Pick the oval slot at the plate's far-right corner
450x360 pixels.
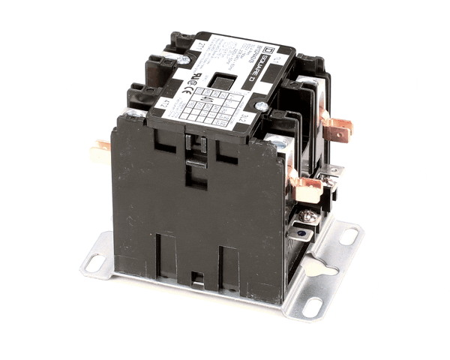point(349,237)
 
